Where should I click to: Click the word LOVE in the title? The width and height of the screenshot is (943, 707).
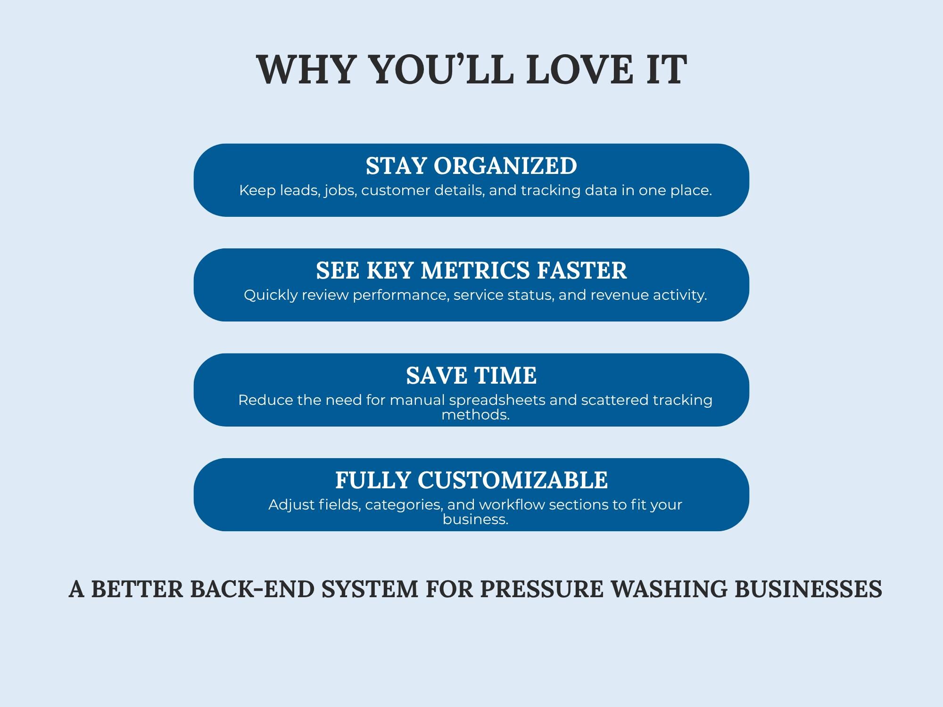pos(580,69)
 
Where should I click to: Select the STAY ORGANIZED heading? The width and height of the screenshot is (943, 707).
pos(471,165)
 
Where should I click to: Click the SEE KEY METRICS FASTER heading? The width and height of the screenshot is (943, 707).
pos(471,270)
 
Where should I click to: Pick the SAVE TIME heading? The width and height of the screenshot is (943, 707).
pos(471,375)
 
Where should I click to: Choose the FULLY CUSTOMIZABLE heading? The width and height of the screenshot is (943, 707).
pos(471,480)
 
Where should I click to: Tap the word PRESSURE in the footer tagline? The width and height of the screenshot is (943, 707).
pos(541,589)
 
